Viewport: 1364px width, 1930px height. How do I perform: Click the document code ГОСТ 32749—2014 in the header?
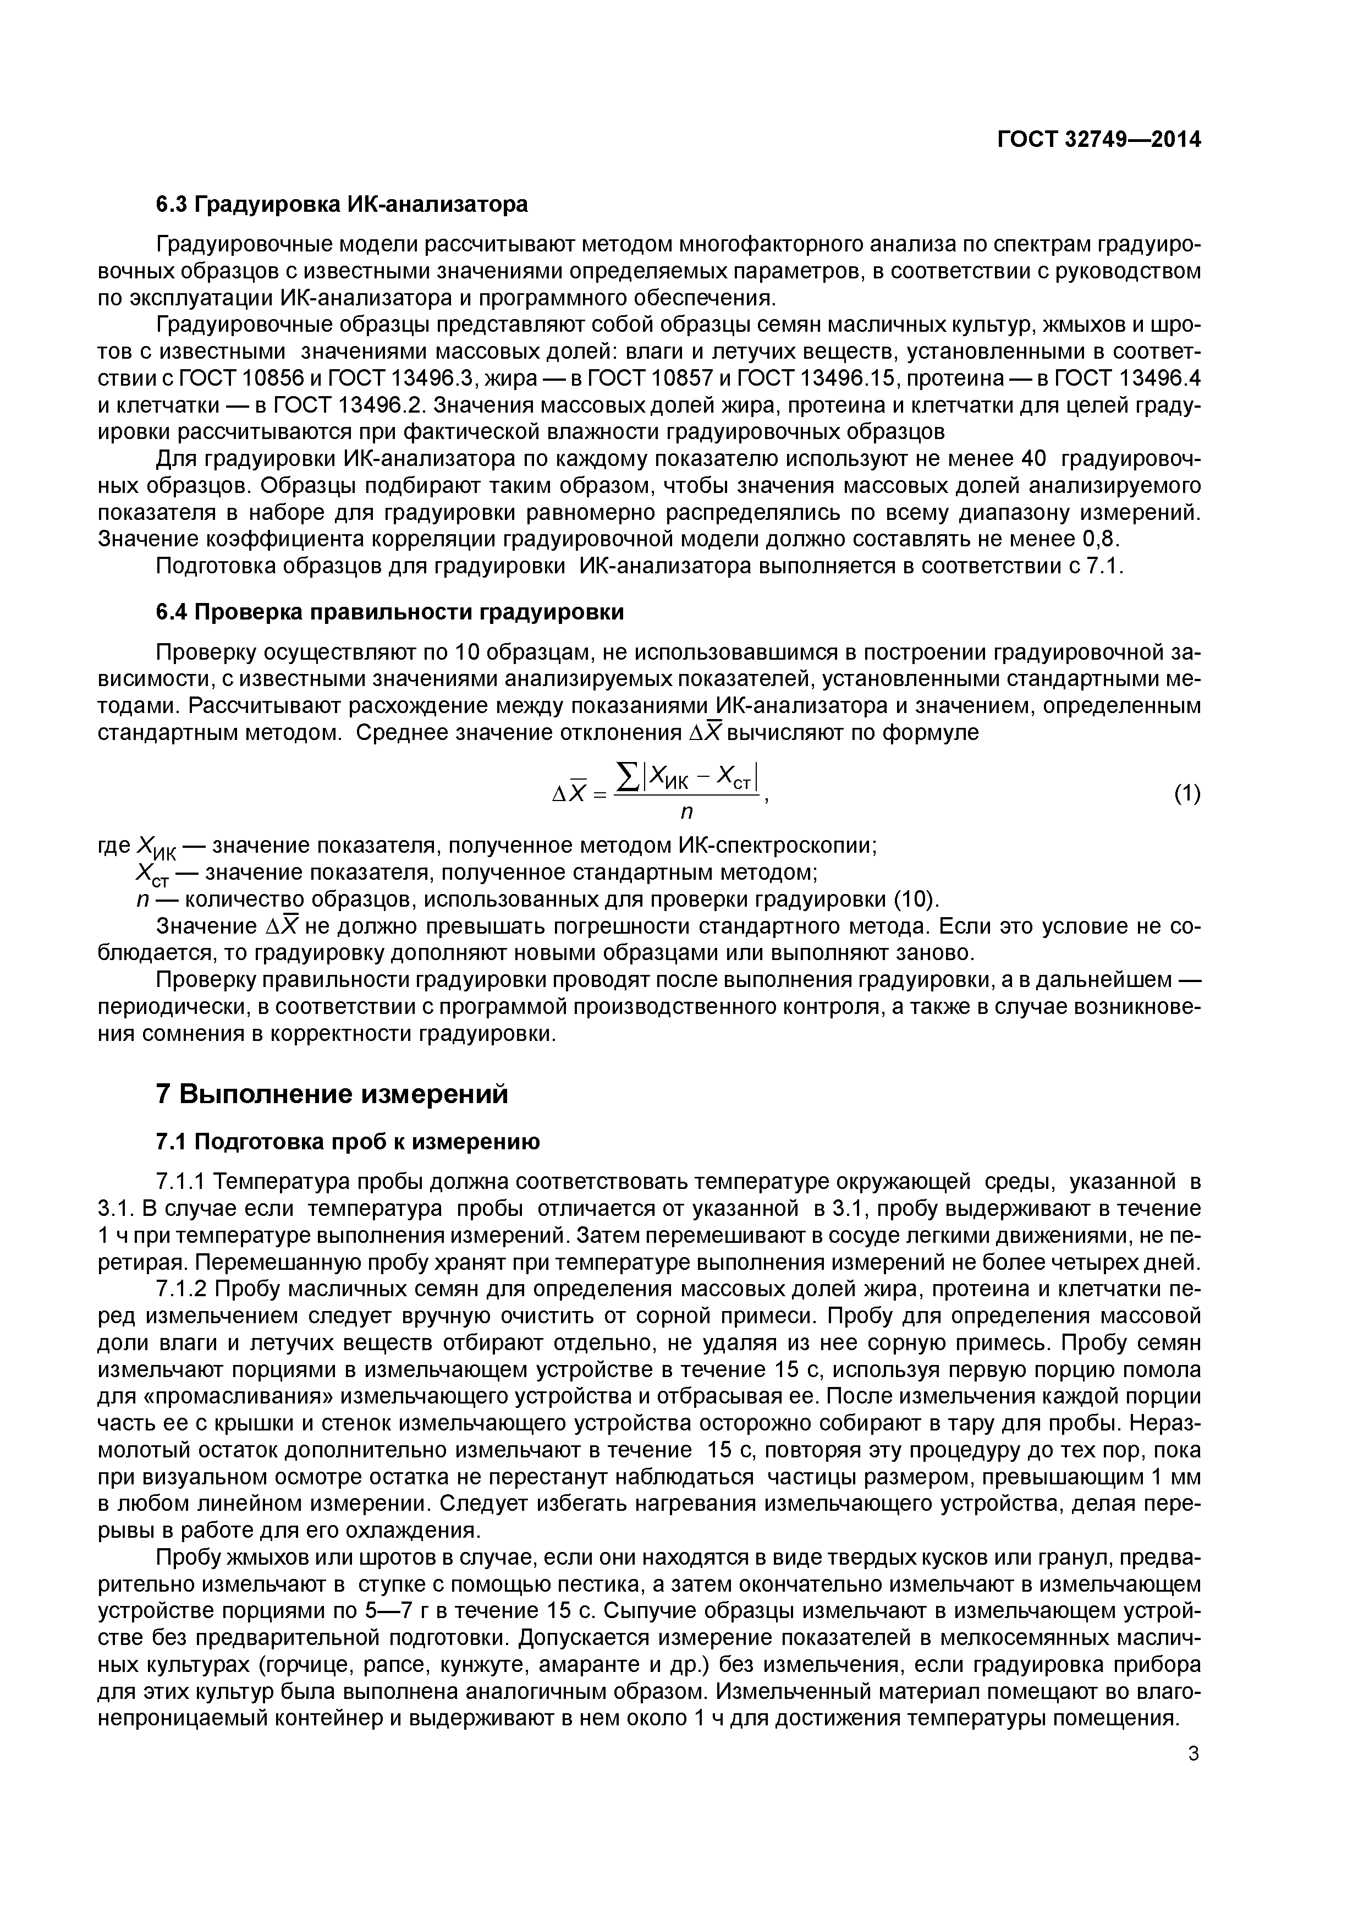[x=1098, y=140]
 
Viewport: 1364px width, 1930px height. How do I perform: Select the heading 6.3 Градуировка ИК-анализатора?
[x=342, y=204]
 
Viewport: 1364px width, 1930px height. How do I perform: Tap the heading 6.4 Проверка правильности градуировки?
[x=390, y=612]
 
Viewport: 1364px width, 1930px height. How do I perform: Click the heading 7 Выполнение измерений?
[x=333, y=1094]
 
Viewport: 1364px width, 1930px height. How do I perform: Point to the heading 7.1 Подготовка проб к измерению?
[x=348, y=1142]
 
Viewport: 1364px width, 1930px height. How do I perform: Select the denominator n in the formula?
[x=686, y=812]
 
